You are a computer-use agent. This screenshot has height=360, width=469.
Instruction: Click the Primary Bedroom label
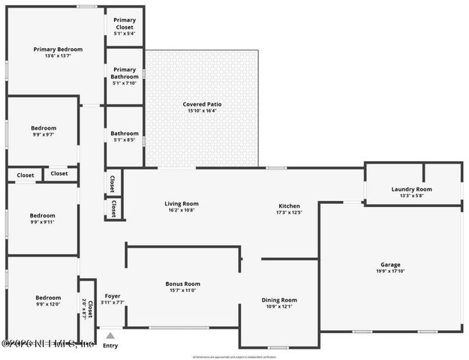click(x=58, y=49)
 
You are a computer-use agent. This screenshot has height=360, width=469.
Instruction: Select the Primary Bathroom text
click(x=125, y=73)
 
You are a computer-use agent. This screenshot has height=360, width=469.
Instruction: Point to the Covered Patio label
click(x=202, y=104)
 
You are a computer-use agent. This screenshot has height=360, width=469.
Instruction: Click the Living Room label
click(x=181, y=203)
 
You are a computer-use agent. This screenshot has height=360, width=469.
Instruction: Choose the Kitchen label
click(x=289, y=205)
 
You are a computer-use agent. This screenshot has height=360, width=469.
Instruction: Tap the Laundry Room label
click(x=412, y=189)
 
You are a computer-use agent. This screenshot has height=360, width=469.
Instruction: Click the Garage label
click(x=390, y=265)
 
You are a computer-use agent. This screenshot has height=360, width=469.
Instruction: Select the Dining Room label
click(x=279, y=300)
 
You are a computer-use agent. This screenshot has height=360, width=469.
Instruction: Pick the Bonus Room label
click(x=182, y=283)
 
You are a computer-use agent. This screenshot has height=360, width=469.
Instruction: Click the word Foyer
click(x=113, y=295)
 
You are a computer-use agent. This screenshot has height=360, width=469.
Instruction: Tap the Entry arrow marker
click(x=110, y=335)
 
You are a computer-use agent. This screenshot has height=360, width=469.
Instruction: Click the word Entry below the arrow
click(x=110, y=346)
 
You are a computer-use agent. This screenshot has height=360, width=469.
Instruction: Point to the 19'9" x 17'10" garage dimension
click(x=390, y=271)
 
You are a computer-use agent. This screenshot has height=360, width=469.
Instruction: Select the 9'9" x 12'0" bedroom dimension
click(x=44, y=304)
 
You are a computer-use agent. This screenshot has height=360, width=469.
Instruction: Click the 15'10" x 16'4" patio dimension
click(x=202, y=111)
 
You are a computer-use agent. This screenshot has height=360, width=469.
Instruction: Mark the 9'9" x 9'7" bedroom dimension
click(x=44, y=134)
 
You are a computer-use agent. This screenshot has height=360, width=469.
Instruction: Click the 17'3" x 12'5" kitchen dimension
click(x=289, y=212)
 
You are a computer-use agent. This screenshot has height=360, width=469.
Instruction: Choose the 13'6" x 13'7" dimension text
click(x=58, y=56)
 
